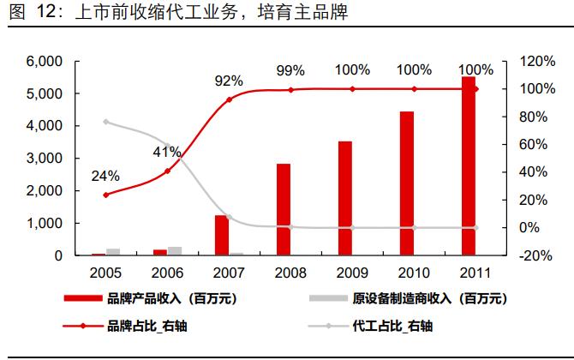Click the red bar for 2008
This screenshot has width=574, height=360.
(x=284, y=209)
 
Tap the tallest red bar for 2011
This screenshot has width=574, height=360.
(x=469, y=166)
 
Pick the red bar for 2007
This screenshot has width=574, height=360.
(x=221, y=235)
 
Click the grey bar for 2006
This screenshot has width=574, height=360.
(x=175, y=251)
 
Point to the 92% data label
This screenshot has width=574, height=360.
(x=229, y=81)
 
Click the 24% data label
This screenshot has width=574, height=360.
(x=106, y=177)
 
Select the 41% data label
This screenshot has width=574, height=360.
(x=167, y=152)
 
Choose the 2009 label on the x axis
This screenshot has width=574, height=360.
(x=352, y=273)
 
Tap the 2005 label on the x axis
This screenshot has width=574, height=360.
(x=106, y=273)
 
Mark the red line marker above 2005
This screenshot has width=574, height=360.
(x=106, y=195)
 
